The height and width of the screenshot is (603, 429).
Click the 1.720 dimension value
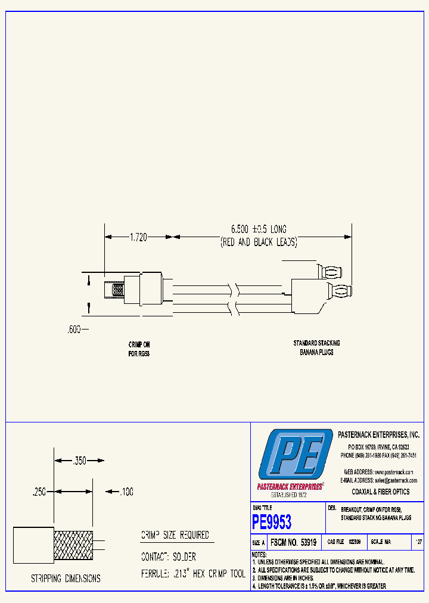tap(139, 237)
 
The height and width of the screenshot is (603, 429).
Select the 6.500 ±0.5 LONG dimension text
tap(259, 229)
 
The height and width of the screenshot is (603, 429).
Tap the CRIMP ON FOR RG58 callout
tap(139, 349)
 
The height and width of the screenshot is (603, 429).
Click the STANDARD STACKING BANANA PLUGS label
tap(316, 347)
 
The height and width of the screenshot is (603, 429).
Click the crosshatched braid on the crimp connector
tap(117, 291)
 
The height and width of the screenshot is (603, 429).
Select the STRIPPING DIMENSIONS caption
tap(66, 579)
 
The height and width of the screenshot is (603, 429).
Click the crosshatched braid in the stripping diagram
tap(74, 545)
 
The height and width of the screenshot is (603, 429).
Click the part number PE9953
tap(272, 523)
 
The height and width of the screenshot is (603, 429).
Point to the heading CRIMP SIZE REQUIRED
tap(175, 535)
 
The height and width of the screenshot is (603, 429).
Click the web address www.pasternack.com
tap(394, 471)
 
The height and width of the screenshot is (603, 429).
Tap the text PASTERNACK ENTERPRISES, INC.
tap(378, 436)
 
